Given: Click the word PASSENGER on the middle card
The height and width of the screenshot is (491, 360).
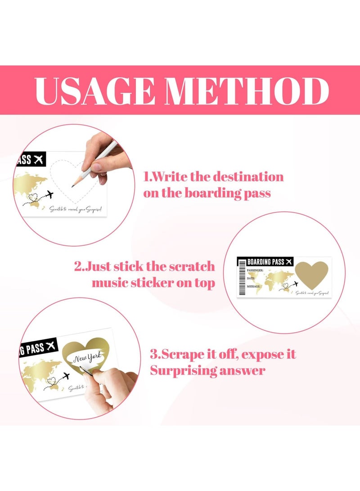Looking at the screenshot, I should pyautogui.click(x=254, y=270).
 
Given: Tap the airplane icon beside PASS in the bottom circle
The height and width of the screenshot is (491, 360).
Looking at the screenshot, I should pyautogui.click(x=50, y=346).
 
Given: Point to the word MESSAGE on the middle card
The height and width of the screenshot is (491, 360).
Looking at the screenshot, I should pyautogui.click(x=253, y=286).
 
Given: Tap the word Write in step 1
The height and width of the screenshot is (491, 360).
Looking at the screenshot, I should pyautogui.click(x=170, y=176).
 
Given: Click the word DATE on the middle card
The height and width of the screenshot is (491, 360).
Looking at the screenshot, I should pyautogui.click(x=251, y=279).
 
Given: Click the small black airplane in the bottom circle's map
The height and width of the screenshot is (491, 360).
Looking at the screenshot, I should pyautogui.click(x=67, y=376).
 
